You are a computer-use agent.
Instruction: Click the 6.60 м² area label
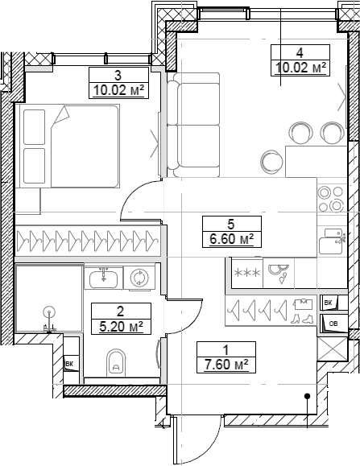pos(230,238)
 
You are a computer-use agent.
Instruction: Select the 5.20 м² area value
pos(118,326)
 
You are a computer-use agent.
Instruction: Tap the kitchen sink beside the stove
pos(331,239)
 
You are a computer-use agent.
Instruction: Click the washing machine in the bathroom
pos(139,278)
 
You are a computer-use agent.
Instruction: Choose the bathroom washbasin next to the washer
pos(102,278)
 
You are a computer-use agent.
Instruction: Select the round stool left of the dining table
pos(272,160)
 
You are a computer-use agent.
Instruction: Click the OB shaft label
pos(333,324)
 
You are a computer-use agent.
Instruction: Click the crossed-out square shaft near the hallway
pos(332,351)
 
